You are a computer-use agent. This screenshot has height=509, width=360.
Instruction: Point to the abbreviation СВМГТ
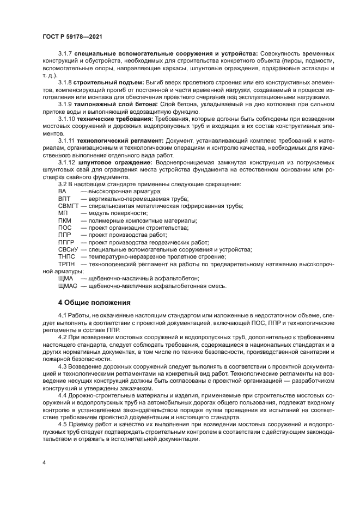point(68,206)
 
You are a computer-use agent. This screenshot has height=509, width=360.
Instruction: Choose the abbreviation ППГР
point(66,242)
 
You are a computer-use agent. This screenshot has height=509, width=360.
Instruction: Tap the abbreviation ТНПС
point(66,256)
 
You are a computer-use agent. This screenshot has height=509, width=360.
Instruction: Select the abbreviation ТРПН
point(66,263)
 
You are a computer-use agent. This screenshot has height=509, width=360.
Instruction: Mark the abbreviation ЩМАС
point(68,285)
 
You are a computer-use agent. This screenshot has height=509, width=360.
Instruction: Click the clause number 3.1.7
point(65,54)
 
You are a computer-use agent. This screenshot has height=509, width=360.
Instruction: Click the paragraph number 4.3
point(63,367)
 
